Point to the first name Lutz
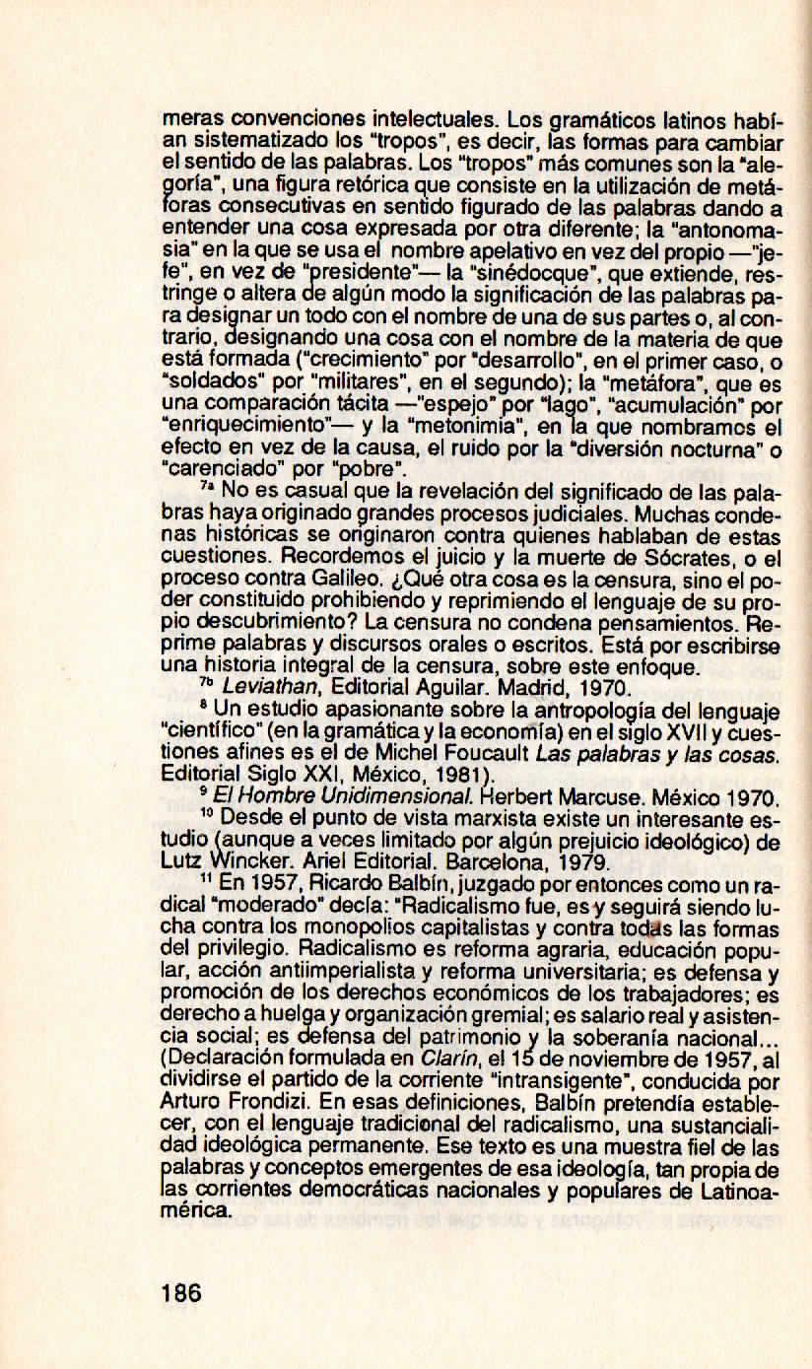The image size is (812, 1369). tap(177, 857)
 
